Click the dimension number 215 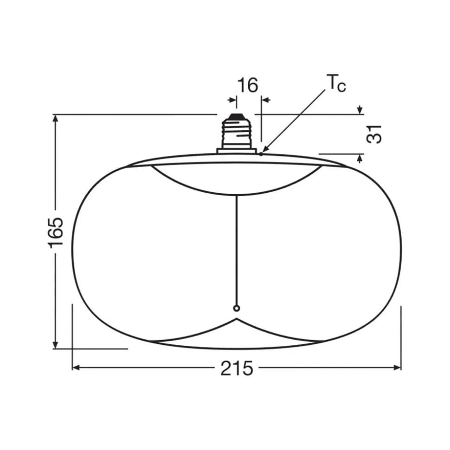click(237, 368)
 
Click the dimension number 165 click(56, 232)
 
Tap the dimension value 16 click(248, 86)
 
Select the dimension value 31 click(375, 133)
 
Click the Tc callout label click(337, 83)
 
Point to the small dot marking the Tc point click(261, 154)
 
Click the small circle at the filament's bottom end click(237, 308)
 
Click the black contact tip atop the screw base click(237, 117)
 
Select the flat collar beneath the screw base click(237, 150)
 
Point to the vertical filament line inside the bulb click(237, 250)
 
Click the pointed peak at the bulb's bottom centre click(237, 319)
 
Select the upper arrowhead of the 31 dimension click(360, 110)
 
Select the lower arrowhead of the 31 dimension click(360, 158)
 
